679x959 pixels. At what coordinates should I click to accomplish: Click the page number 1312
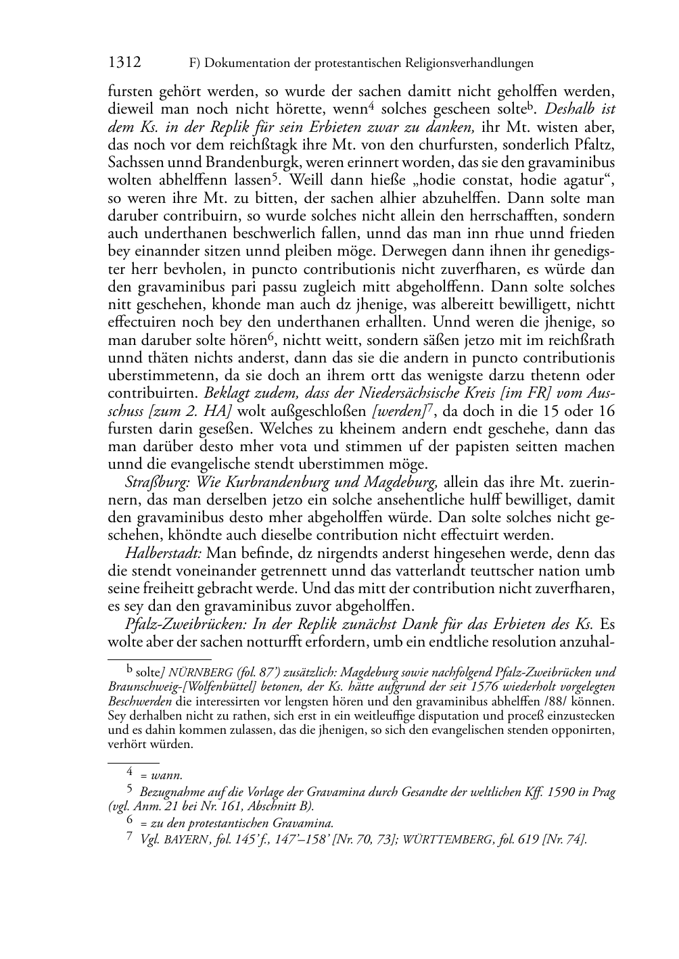[x=124, y=63]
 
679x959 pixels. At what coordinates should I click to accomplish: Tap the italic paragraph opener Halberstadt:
[x=163, y=553]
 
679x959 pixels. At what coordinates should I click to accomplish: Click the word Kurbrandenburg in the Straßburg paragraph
[x=281, y=482]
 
